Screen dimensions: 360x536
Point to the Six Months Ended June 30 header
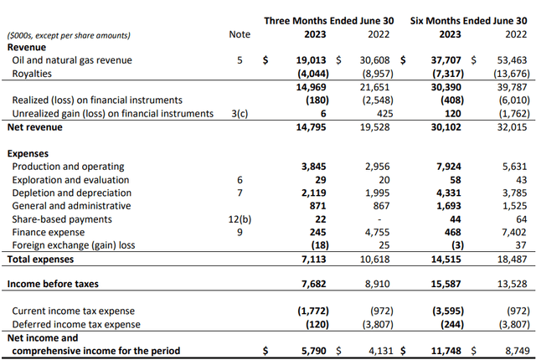tap(469, 20)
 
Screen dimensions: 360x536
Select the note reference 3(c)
tap(239, 112)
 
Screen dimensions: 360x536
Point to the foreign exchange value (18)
tap(319, 245)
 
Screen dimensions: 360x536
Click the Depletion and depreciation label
tap(71, 193)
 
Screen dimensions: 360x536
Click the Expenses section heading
tap(30, 153)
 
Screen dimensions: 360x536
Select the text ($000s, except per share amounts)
tap(69, 35)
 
